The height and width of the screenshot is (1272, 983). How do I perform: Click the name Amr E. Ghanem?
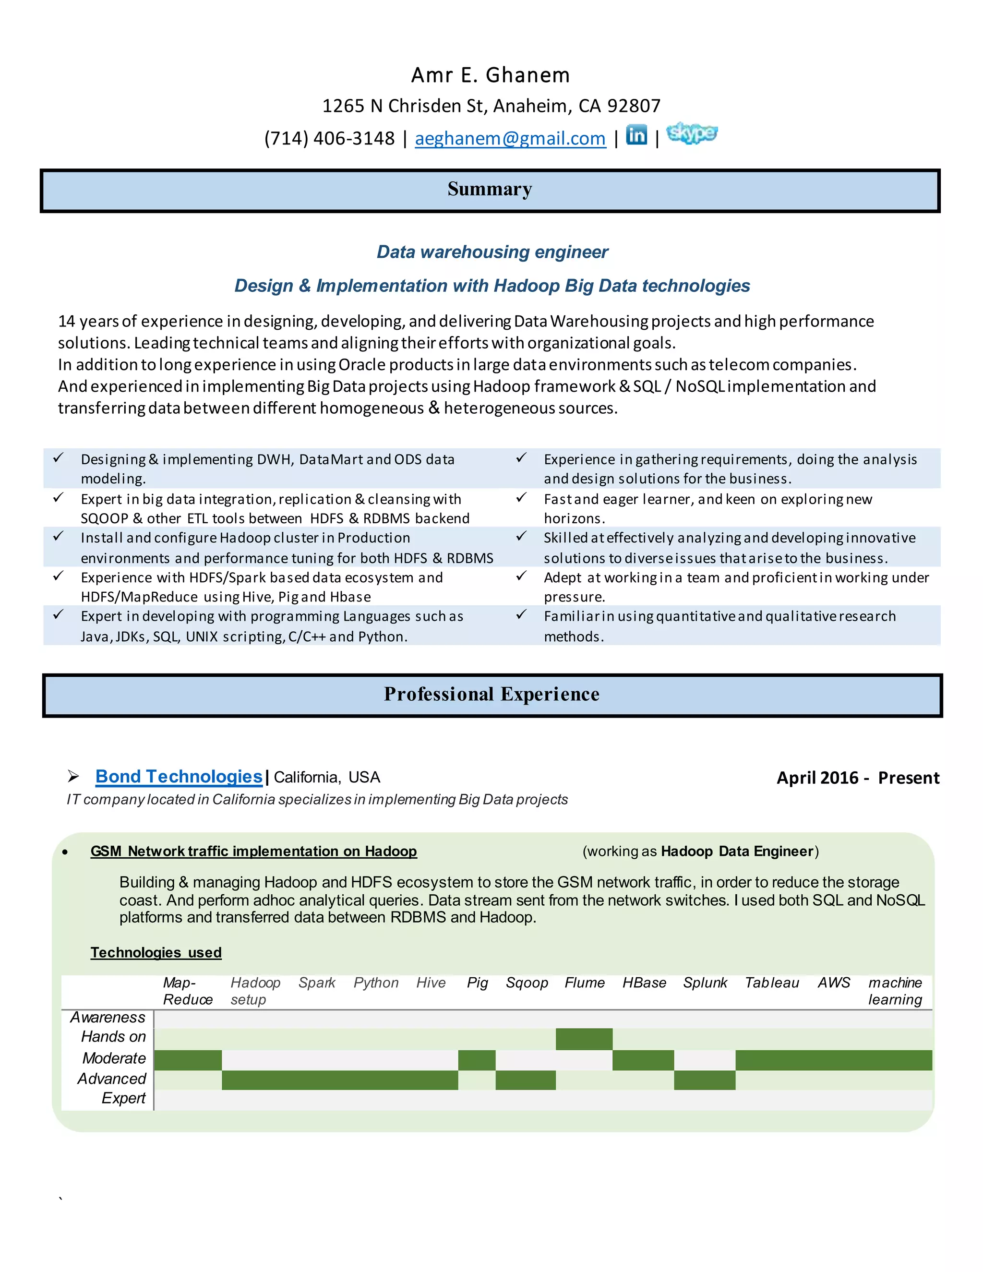tap(491, 75)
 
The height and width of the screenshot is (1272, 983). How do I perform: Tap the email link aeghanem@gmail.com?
tap(510, 139)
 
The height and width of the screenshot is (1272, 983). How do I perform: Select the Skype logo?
tap(691, 133)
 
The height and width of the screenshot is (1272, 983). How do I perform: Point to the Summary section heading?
tap(490, 189)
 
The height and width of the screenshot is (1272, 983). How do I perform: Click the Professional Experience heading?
tap(491, 694)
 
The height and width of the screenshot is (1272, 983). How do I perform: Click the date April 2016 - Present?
tap(857, 778)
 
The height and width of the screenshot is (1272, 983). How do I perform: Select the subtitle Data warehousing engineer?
tap(492, 252)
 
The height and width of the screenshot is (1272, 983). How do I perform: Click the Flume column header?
tap(584, 983)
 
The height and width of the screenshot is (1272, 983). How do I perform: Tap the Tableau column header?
tap(772, 983)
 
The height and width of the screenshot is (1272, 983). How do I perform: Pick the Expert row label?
tap(123, 1098)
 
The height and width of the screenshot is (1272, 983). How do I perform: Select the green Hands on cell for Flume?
tap(584, 1039)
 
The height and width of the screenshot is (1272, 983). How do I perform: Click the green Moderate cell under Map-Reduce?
tap(188, 1060)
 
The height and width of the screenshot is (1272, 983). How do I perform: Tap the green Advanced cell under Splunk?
tap(705, 1080)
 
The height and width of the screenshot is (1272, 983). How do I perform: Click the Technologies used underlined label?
tap(156, 952)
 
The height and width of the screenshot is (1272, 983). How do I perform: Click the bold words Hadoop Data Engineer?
tap(737, 852)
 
